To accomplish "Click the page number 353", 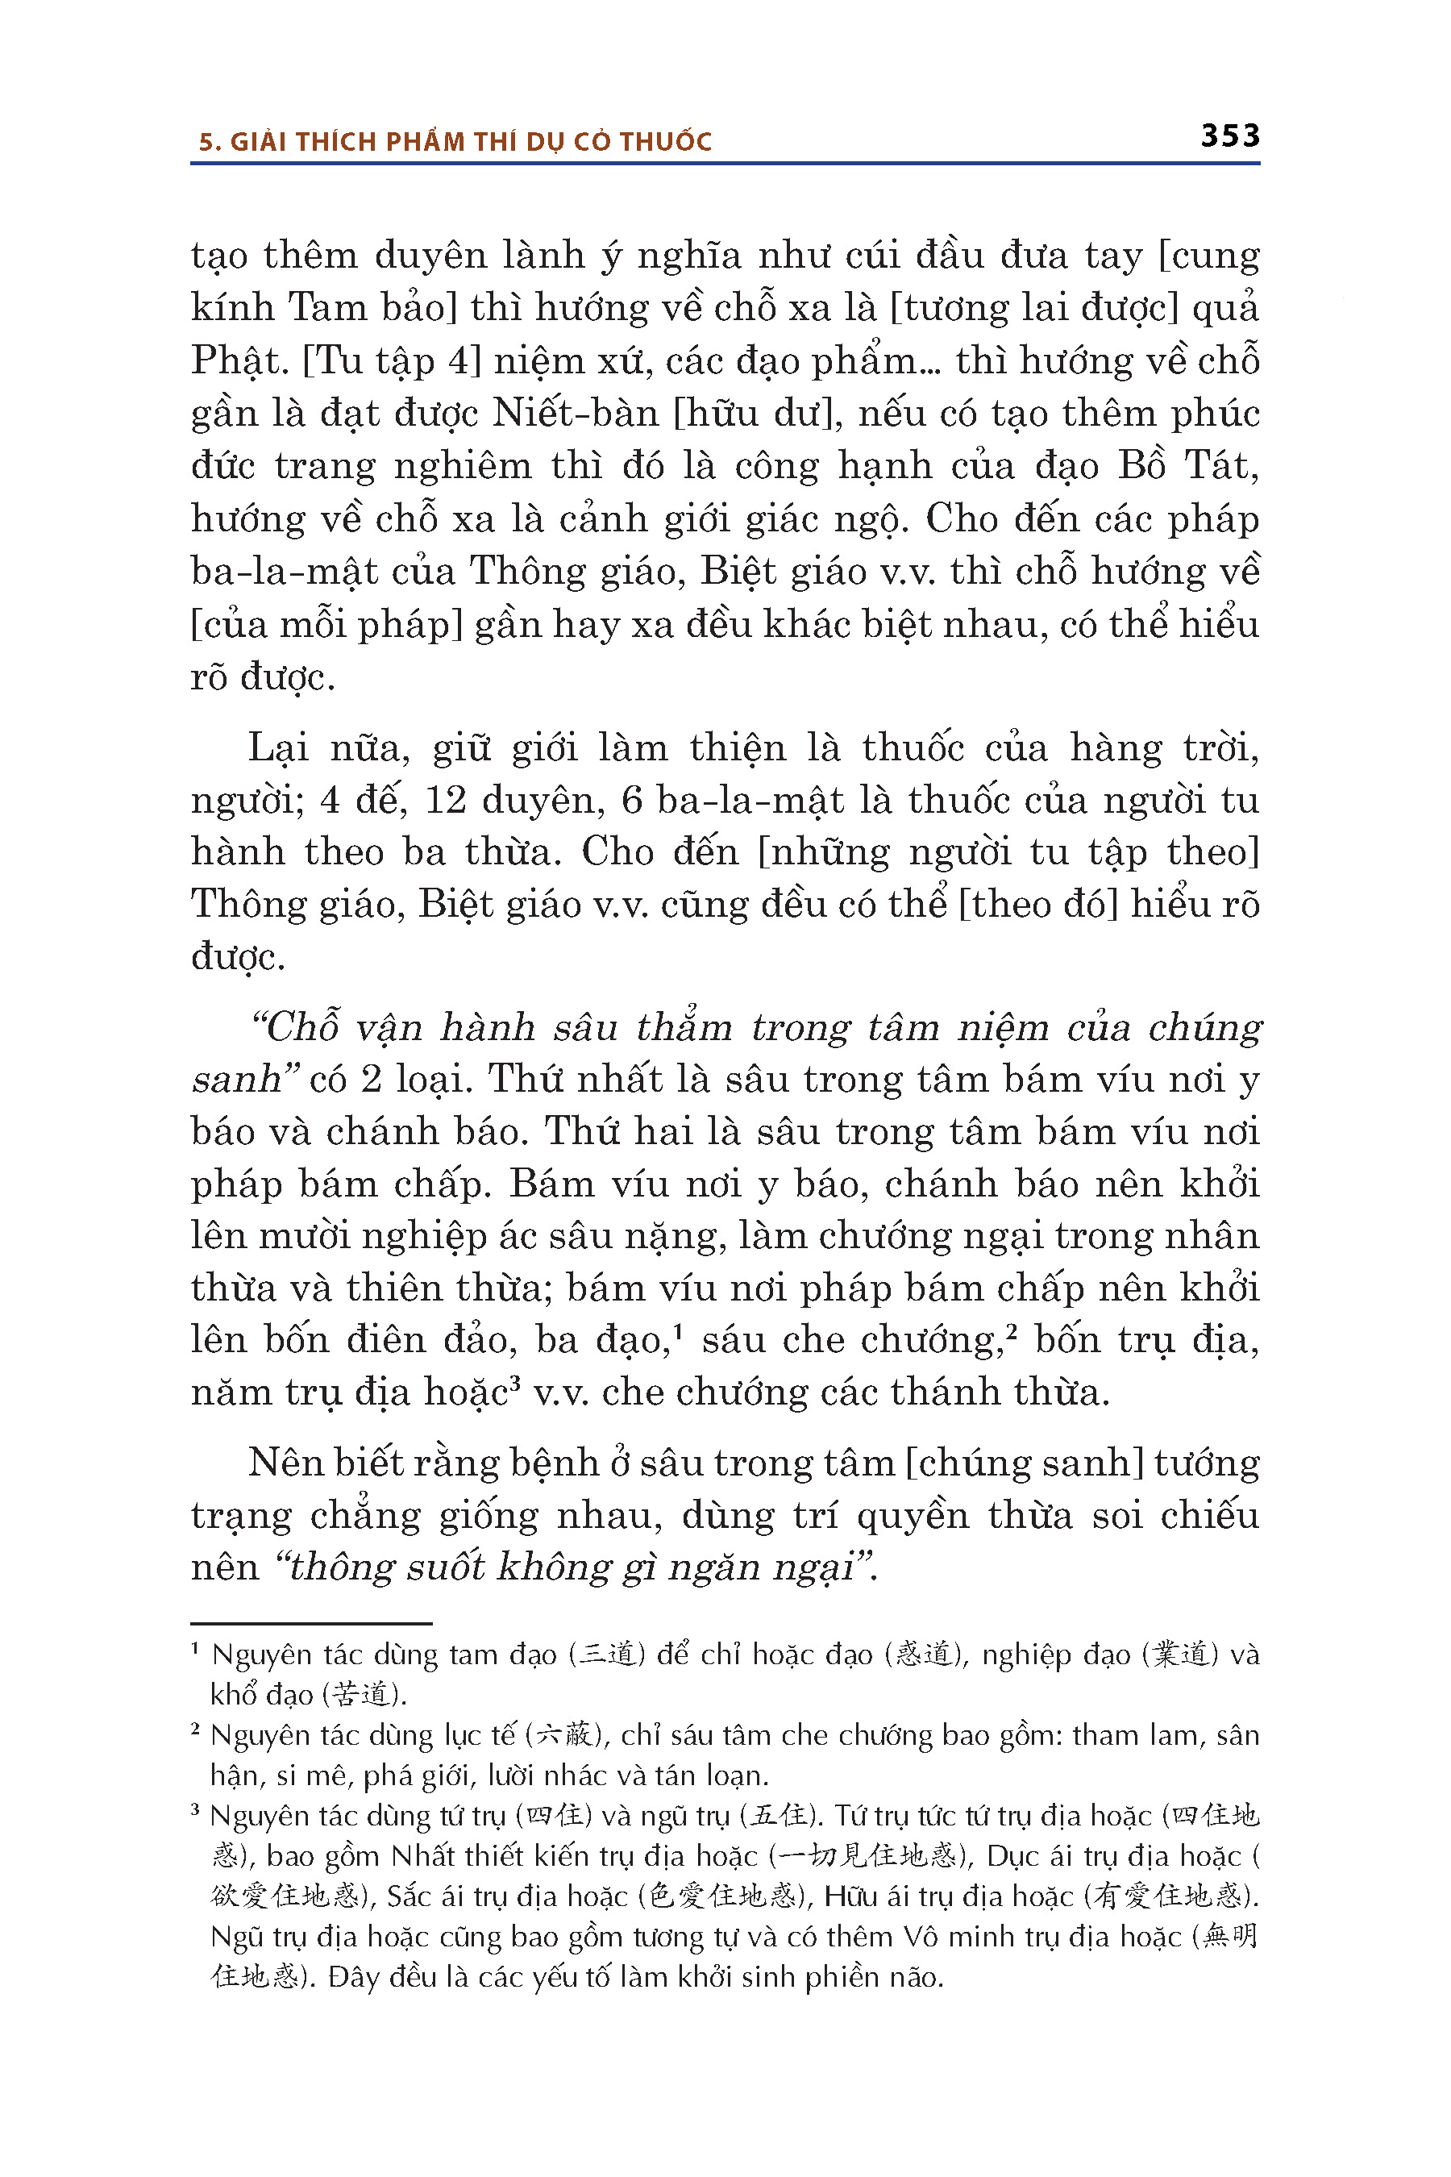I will (1230, 136).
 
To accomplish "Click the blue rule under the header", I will (725, 164).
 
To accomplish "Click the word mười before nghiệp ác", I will (299, 1237).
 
